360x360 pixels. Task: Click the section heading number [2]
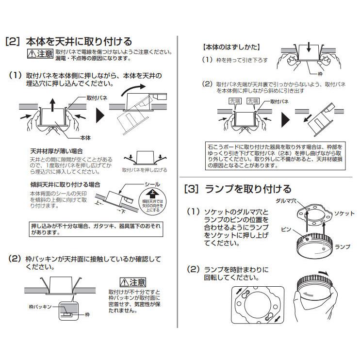pyautogui.click(x=13, y=42)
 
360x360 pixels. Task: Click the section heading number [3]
pyautogui.click(x=191, y=189)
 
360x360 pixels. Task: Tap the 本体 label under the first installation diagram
pyautogui.click(x=85, y=138)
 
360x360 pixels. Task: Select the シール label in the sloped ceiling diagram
pyautogui.click(x=152, y=184)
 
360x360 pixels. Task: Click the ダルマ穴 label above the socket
pyautogui.click(x=286, y=201)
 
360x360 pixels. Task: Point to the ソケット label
pyautogui.click(x=344, y=213)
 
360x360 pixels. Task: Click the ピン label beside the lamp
pyautogui.click(x=286, y=229)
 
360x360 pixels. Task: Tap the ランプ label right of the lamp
pyautogui.click(x=343, y=247)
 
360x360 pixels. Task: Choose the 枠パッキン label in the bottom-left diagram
pyautogui.click(x=40, y=307)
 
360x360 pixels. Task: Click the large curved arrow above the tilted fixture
pyautogui.click(x=133, y=89)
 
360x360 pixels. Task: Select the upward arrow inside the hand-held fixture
pyautogui.click(x=52, y=105)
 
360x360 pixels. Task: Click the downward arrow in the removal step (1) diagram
pyautogui.click(x=309, y=47)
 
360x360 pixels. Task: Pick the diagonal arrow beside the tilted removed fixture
pyautogui.click(x=308, y=118)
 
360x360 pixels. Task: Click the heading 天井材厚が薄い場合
pyautogui.click(x=56, y=151)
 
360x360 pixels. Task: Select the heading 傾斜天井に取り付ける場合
pyautogui.click(x=65, y=184)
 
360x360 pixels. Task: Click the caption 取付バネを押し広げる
pyautogui.click(x=145, y=170)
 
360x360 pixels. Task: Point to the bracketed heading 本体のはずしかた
pyautogui.click(x=231, y=47)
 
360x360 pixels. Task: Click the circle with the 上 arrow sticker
pyautogui.click(x=153, y=201)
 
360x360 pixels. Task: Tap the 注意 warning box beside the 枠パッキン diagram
pyautogui.click(x=133, y=282)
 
